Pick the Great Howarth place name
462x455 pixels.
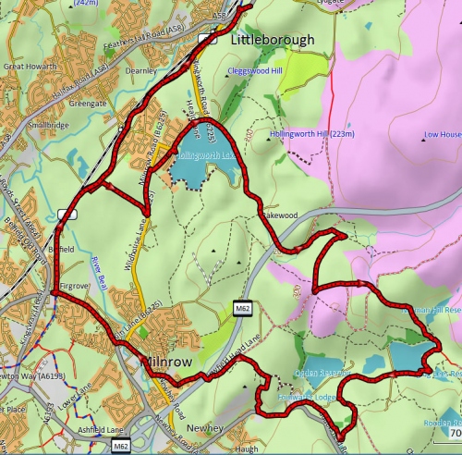(31, 67)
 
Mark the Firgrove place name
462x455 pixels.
(73, 288)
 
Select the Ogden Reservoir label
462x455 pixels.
(321, 374)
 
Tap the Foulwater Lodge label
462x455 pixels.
(287, 398)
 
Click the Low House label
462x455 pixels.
(442, 135)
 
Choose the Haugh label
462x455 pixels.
(246, 449)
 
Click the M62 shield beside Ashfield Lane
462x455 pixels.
(119, 447)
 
